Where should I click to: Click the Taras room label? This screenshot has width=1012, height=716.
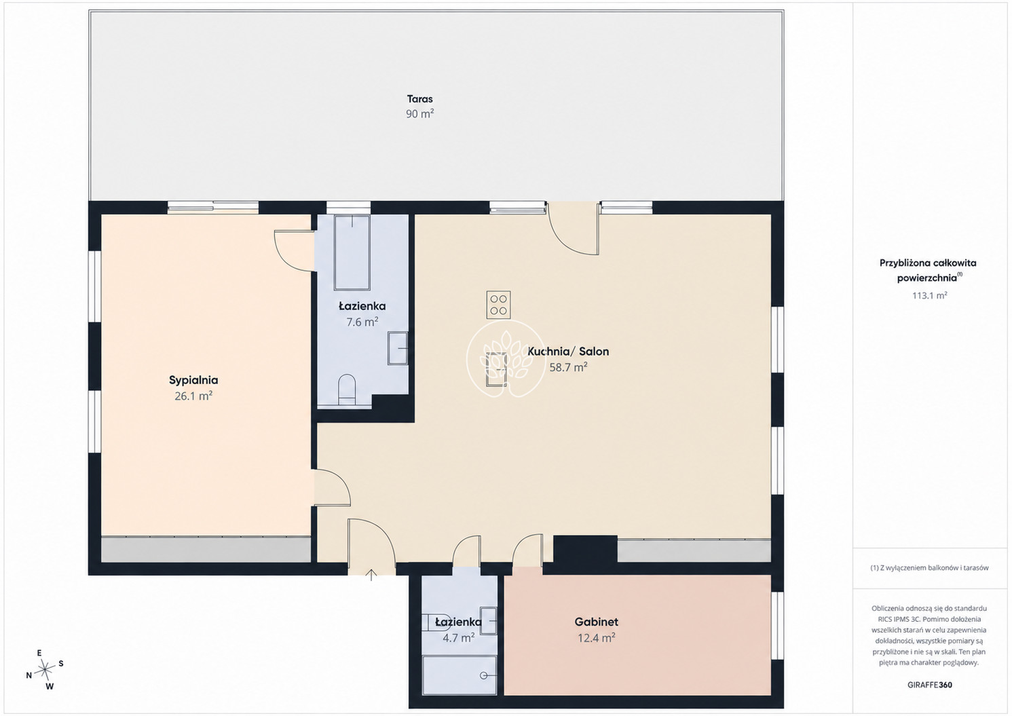pos(419,99)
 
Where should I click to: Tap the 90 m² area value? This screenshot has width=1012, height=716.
pos(419,114)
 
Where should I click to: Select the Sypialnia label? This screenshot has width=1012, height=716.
pos(193,380)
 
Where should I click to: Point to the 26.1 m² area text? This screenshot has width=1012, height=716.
pos(193,396)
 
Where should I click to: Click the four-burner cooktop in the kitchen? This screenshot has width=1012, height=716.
pos(499,305)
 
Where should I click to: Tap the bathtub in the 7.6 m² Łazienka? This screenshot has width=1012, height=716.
pos(352,252)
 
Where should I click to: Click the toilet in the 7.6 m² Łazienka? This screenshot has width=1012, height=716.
pos(347,389)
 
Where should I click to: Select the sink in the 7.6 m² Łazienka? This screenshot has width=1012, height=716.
pos(398,348)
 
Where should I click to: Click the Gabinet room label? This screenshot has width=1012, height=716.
pos(597,622)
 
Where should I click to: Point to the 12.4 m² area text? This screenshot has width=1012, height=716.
pos(597,638)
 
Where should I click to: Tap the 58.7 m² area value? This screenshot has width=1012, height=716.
pos(568,367)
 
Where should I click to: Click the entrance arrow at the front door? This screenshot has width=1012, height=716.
pos(371,575)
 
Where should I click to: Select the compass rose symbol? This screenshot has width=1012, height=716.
pos(45,669)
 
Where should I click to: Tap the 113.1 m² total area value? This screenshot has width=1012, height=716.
pos(929,295)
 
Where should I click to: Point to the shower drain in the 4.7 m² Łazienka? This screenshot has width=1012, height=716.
pos(484,675)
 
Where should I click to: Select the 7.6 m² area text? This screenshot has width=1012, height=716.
pos(362,322)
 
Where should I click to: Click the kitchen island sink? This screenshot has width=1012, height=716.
pos(496,369)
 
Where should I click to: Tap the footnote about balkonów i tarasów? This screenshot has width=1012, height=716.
pos(929,568)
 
